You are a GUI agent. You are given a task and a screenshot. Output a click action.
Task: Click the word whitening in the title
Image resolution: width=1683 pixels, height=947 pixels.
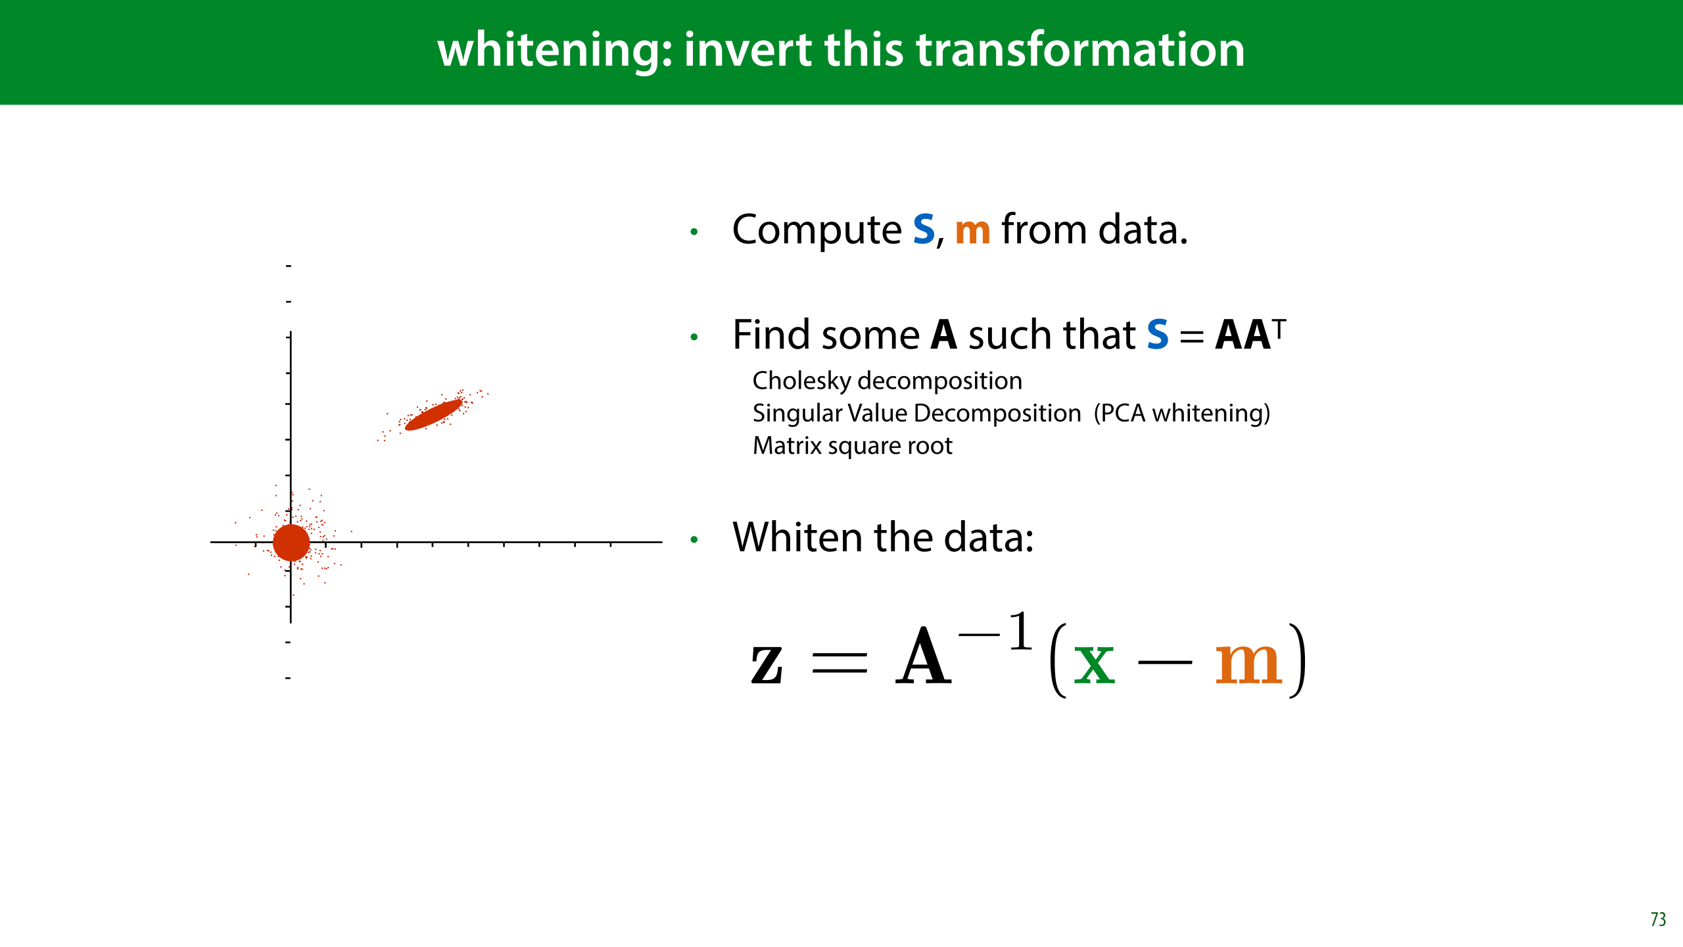555,51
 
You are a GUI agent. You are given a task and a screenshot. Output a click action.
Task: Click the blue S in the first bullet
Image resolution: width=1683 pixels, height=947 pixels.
924,230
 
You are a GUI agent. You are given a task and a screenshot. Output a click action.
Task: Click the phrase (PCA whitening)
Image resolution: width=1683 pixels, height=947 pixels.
1182,414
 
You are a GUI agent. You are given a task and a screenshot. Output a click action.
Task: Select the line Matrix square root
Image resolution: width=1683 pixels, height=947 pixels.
852,447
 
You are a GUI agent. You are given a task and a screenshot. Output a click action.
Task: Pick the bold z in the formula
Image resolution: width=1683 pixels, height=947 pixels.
767,665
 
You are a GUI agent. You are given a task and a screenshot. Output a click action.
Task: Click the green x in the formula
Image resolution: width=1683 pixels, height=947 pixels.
1094,664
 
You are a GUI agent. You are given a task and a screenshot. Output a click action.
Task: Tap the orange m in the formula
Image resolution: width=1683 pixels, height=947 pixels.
1248,664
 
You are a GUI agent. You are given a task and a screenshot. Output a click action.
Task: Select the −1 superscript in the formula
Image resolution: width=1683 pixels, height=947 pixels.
995,631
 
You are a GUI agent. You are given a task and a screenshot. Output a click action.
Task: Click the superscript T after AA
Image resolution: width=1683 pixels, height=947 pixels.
1279,328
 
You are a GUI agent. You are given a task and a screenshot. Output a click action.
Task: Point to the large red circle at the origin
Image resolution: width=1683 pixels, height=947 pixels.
291,543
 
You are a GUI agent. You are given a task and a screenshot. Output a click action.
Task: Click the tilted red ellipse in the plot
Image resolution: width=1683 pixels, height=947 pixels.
433,415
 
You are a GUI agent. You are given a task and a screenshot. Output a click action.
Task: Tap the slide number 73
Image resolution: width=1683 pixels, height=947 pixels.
1658,919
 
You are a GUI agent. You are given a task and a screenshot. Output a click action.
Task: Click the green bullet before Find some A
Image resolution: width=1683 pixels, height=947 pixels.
694,337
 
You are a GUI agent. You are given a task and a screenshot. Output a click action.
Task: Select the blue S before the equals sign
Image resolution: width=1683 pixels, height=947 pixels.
1158,335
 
